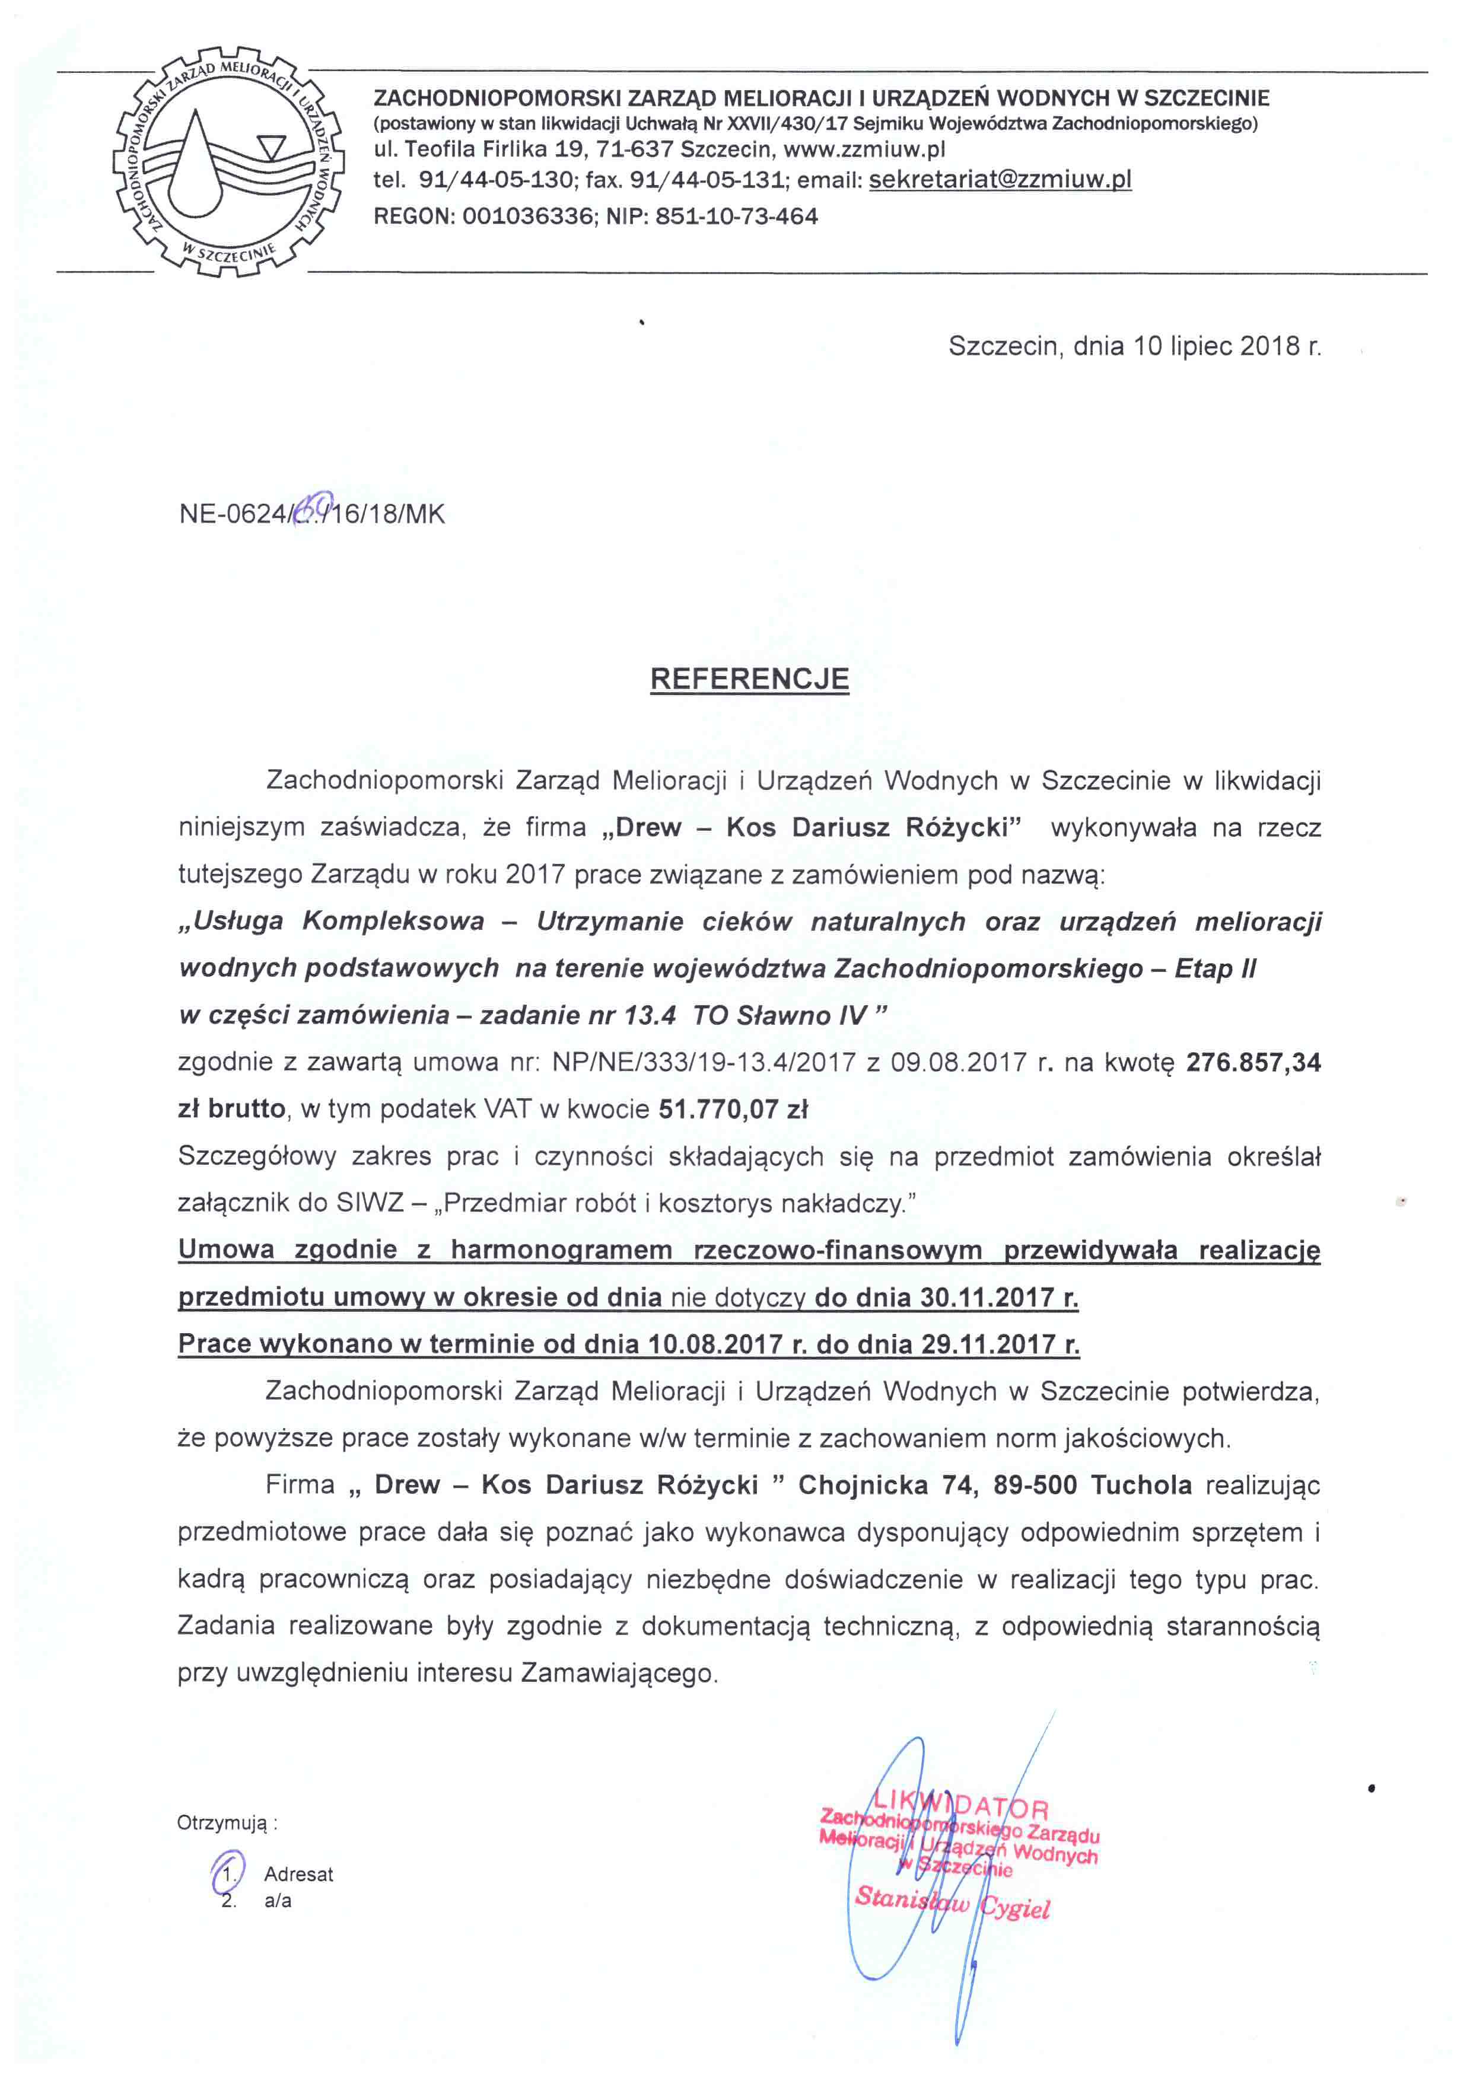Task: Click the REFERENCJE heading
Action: coord(749,679)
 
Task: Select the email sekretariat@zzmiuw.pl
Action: coord(1000,179)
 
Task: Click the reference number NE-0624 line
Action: coord(312,514)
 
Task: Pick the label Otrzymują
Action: coord(226,1823)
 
